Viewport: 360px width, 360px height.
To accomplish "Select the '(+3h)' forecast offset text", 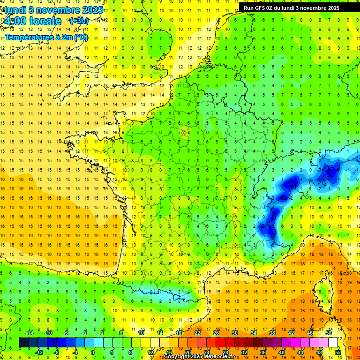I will pos(78,21).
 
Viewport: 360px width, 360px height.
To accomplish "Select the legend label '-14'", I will pos(30,333).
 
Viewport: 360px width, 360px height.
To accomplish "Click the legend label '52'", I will pos(338,352).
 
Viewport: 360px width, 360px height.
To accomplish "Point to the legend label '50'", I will pos(329,333).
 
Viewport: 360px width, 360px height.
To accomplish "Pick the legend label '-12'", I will pos(39,352).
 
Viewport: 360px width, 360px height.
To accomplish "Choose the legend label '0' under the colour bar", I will pos(93,352).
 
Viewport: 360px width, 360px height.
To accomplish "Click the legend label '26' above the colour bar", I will pos(216,333).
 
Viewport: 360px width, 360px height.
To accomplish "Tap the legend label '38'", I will pos(272,333).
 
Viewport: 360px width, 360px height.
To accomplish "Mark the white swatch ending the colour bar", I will pos(333,343).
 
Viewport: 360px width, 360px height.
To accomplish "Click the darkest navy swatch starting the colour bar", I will pos(23,343).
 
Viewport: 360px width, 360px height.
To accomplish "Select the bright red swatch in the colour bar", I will pos(220,343).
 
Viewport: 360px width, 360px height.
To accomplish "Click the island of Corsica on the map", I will pos(322,293).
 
